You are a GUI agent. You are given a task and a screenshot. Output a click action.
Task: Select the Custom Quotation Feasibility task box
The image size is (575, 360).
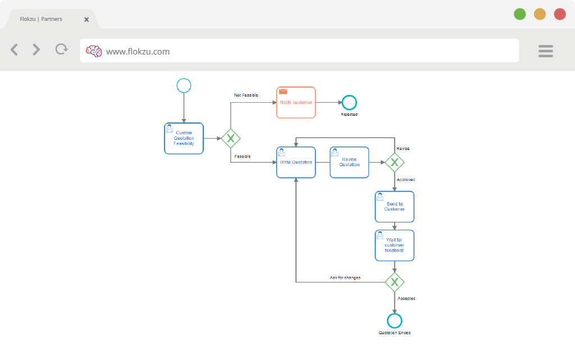point(184,139)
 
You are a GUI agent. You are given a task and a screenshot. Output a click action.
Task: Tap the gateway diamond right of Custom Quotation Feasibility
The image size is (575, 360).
point(231,139)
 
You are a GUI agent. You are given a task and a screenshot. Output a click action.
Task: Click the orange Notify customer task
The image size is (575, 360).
point(296,103)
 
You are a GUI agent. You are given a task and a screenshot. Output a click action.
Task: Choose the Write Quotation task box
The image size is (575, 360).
point(296,162)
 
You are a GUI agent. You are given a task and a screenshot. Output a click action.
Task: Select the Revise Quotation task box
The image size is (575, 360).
point(349,162)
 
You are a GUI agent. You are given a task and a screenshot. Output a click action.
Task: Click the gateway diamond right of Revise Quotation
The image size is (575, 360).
point(395,162)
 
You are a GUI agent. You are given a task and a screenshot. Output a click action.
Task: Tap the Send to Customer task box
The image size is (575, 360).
point(395,207)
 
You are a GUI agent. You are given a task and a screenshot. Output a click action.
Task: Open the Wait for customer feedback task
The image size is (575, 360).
point(395,245)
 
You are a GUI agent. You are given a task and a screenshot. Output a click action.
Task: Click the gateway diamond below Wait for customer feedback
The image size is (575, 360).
point(395,282)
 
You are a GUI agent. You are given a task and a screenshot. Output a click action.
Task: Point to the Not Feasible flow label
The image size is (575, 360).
point(246,95)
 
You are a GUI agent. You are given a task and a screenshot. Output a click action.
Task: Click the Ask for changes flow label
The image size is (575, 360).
point(345,277)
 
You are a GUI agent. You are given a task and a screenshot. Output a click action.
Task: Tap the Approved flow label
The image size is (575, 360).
point(406,180)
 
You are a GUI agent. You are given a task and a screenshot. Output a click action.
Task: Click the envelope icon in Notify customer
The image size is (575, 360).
point(283,92)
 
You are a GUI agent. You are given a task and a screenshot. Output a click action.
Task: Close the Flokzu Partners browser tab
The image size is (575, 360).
point(86,20)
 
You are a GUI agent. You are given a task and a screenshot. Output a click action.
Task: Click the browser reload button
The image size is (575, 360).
point(62,49)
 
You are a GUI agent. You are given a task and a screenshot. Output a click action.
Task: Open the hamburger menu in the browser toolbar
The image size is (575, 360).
point(546,51)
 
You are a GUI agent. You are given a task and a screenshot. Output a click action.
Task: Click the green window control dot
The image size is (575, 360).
point(519,14)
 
